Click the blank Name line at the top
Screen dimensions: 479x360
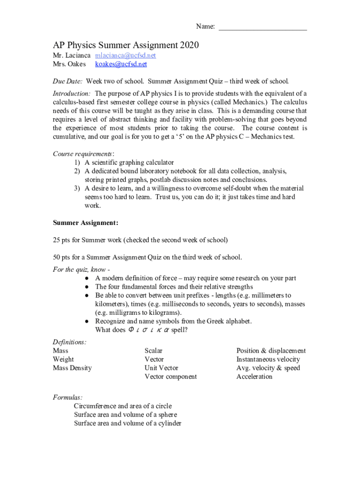coord(263,28)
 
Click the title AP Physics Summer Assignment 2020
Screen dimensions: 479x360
coord(126,45)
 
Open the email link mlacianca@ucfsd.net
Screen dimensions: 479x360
coord(125,56)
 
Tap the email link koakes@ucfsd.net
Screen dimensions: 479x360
coord(121,64)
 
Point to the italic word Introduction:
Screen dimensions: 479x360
coord(72,94)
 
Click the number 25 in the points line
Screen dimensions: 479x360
coord(57,240)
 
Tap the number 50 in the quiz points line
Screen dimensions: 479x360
coord(57,257)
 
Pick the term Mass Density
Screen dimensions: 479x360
coord(72,368)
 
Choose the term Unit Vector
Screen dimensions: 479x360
coord(161,368)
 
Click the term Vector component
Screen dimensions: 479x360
coord(171,377)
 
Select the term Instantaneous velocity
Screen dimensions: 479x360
coord(268,359)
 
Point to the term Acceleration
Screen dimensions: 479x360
coord(254,377)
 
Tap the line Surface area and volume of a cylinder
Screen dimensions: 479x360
coord(128,423)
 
